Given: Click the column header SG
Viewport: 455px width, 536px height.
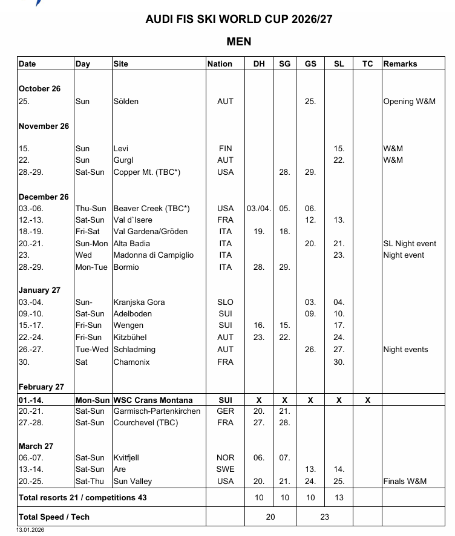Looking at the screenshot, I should pyautogui.click(x=284, y=64).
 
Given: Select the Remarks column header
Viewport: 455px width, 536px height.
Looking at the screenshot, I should pyautogui.click(x=400, y=64).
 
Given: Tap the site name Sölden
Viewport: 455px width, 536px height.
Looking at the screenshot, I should pyautogui.click(x=126, y=102).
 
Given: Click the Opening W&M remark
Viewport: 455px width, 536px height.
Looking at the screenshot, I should pyautogui.click(x=409, y=102).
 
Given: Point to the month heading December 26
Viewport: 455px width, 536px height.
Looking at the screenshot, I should pyautogui.click(x=44, y=197).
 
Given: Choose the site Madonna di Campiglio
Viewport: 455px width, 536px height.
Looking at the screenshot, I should pyautogui.click(x=153, y=255).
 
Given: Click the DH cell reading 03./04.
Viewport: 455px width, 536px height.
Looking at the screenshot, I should pyautogui.click(x=258, y=208).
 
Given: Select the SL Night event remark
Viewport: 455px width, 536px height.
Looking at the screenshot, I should pyautogui.click(x=410, y=243).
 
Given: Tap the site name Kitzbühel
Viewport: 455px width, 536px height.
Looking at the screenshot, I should pyautogui.click(x=129, y=337).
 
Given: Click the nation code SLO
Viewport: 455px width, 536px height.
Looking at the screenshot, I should pyautogui.click(x=225, y=302).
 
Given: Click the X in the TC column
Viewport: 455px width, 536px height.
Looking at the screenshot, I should pyautogui.click(x=368, y=400).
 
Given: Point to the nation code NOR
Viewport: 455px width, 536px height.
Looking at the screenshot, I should pyautogui.click(x=225, y=458).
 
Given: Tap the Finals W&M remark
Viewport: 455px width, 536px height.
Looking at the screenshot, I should pyautogui.click(x=405, y=482).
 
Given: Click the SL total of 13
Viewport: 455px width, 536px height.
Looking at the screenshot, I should pyautogui.click(x=339, y=498).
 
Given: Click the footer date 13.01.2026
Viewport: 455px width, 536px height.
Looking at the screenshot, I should pyautogui.click(x=30, y=530).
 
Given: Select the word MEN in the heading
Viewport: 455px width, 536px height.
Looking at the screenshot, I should pyautogui.click(x=238, y=42).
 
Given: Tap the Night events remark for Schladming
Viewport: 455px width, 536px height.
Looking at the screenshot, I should pyautogui.click(x=405, y=349).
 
